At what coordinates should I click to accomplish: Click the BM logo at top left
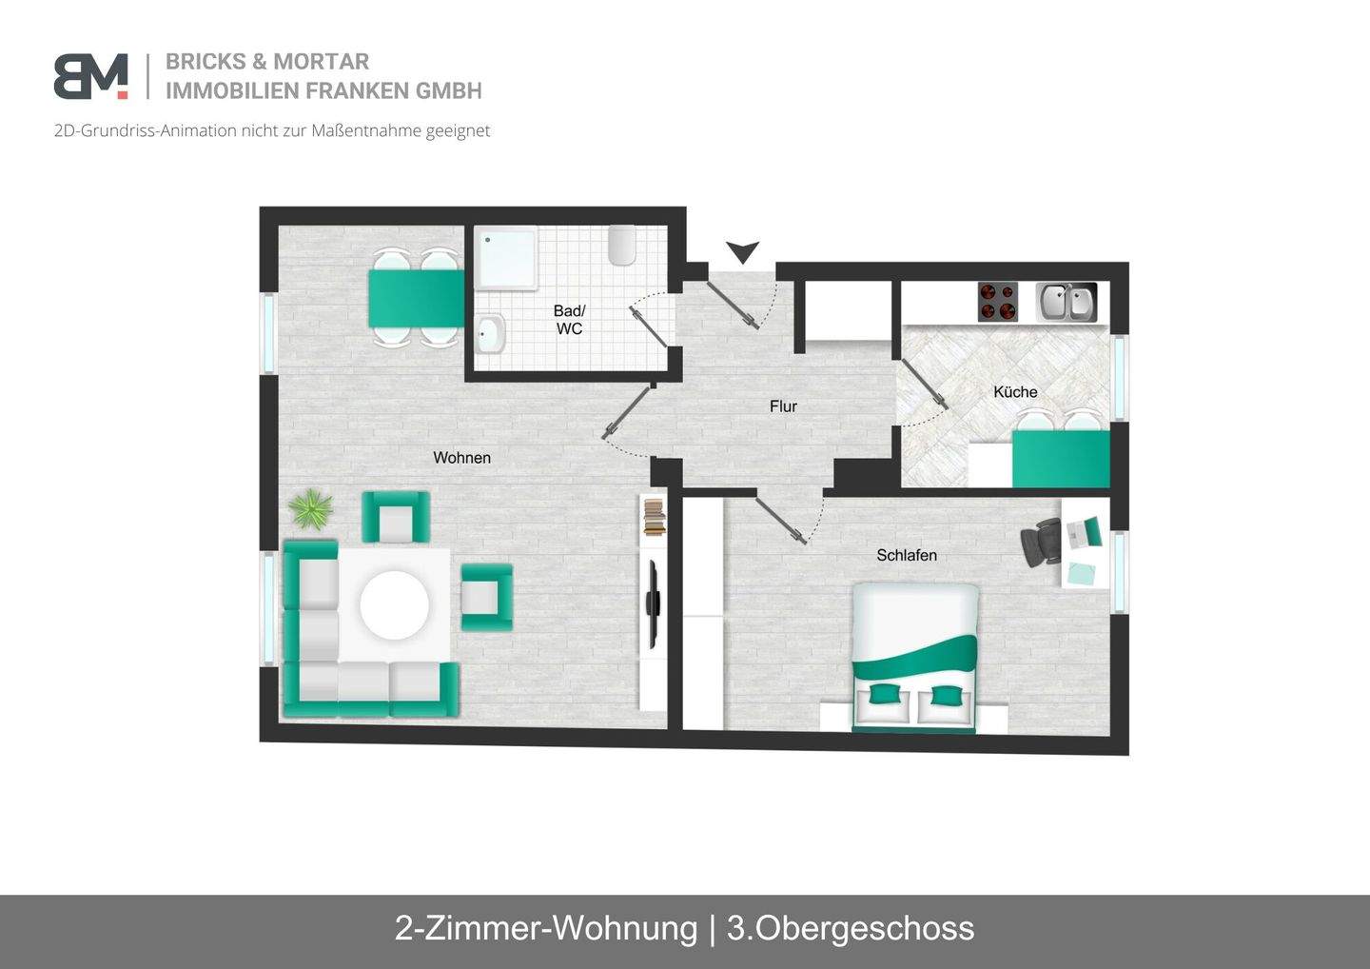(x=90, y=76)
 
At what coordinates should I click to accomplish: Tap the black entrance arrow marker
(x=742, y=252)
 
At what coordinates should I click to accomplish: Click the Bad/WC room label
(x=569, y=320)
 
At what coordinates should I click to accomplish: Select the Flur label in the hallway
(x=783, y=406)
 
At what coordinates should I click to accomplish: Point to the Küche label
(x=1015, y=392)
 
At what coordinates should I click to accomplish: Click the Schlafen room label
(x=907, y=555)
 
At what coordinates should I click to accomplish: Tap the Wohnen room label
(x=461, y=458)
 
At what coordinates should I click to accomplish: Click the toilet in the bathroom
(x=622, y=246)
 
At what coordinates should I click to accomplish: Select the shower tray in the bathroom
(x=506, y=257)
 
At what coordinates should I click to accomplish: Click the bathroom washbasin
(x=490, y=333)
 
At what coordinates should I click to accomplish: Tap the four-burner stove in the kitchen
(x=998, y=302)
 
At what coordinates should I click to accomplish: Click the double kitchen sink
(x=1066, y=303)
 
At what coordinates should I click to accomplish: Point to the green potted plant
(x=310, y=509)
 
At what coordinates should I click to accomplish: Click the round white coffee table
(x=395, y=604)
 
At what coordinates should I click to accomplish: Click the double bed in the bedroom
(x=914, y=657)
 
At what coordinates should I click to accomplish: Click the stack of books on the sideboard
(x=654, y=517)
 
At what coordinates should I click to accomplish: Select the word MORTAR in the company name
(x=321, y=62)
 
